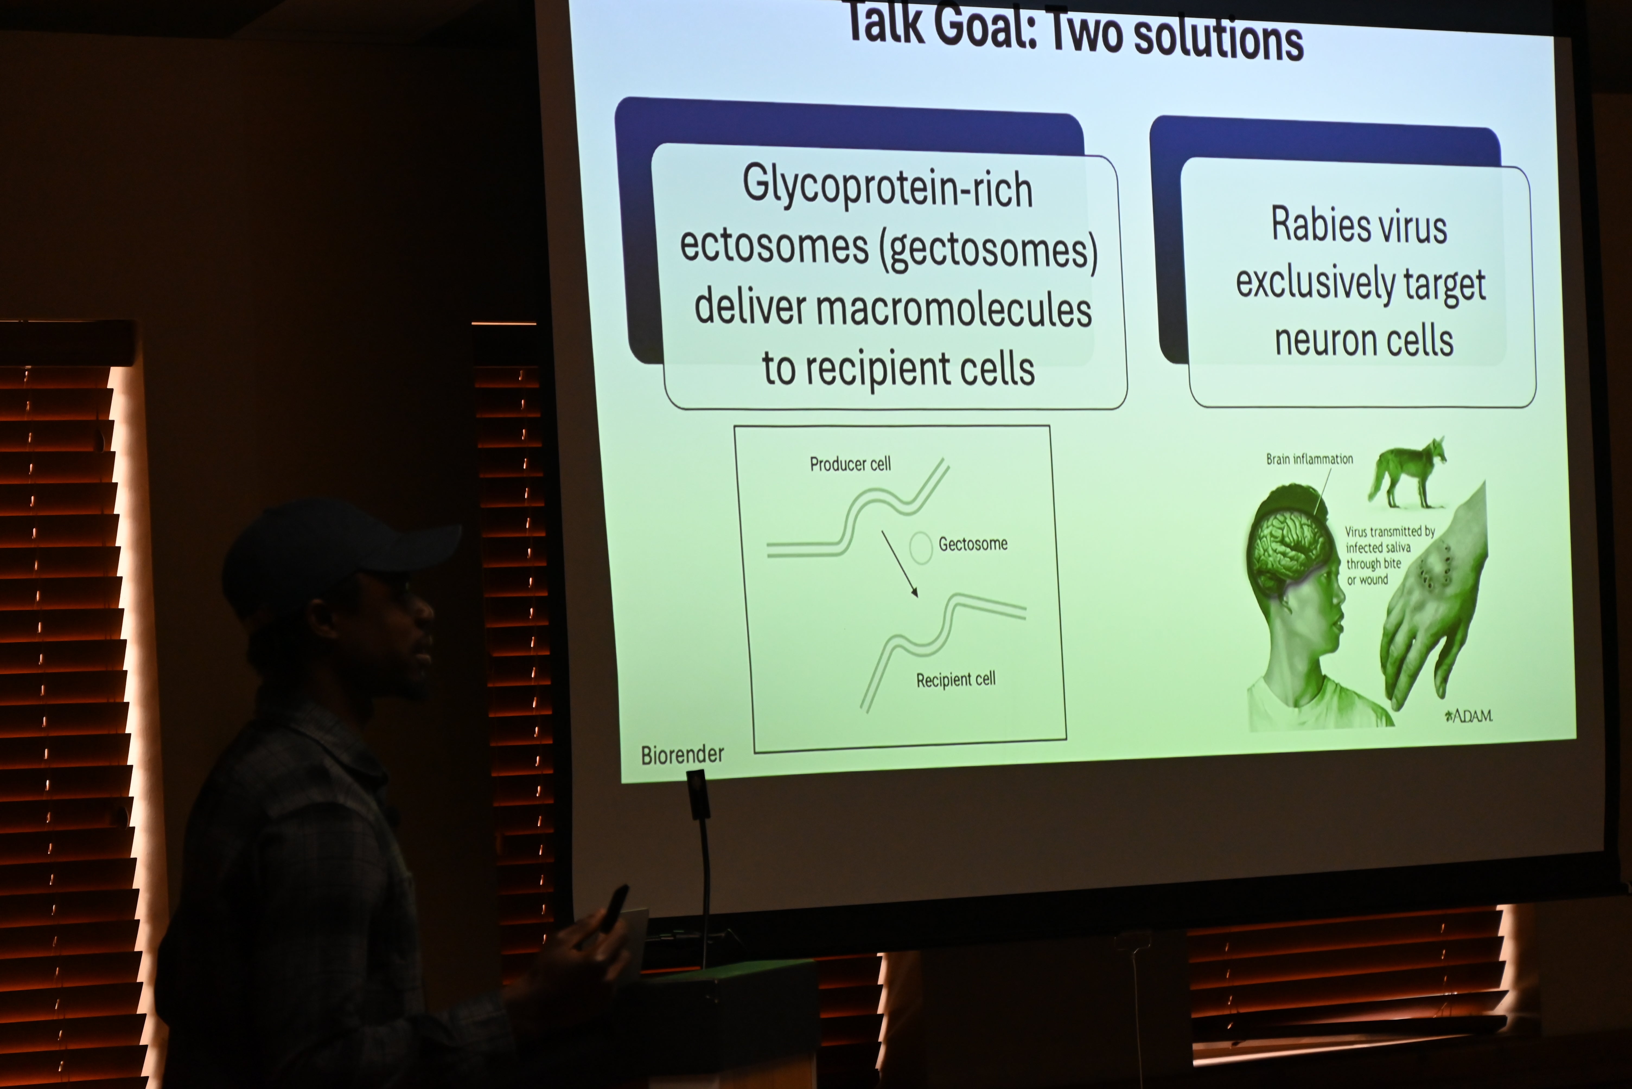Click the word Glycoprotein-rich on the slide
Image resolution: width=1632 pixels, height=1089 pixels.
tap(887, 186)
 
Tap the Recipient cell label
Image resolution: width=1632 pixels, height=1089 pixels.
tap(955, 679)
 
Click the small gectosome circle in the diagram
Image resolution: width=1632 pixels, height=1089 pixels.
tap(920, 547)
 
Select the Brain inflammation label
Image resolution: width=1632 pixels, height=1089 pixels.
tap(1309, 459)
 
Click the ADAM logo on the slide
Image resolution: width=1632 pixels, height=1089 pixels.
tap(1468, 715)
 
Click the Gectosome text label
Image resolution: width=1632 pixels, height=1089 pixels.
tap(973, 544)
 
